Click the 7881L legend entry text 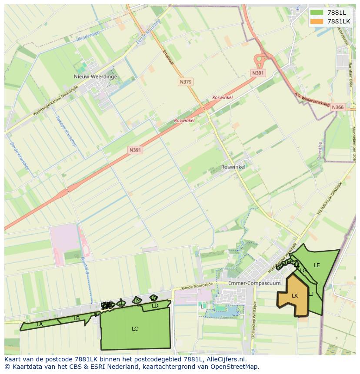tap(337, 13)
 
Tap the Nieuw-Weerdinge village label tap(95, 76)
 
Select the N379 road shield tap(185, 82)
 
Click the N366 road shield tap(337, 107)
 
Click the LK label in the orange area tap(295, 296)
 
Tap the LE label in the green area tap(317, 265)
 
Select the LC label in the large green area tap(135, 329)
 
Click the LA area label tap(40, 324)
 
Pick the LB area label tap(77, 318)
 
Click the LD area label tap(155, 306)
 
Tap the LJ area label tap(311, 294)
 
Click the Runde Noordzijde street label tap(197, 286)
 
